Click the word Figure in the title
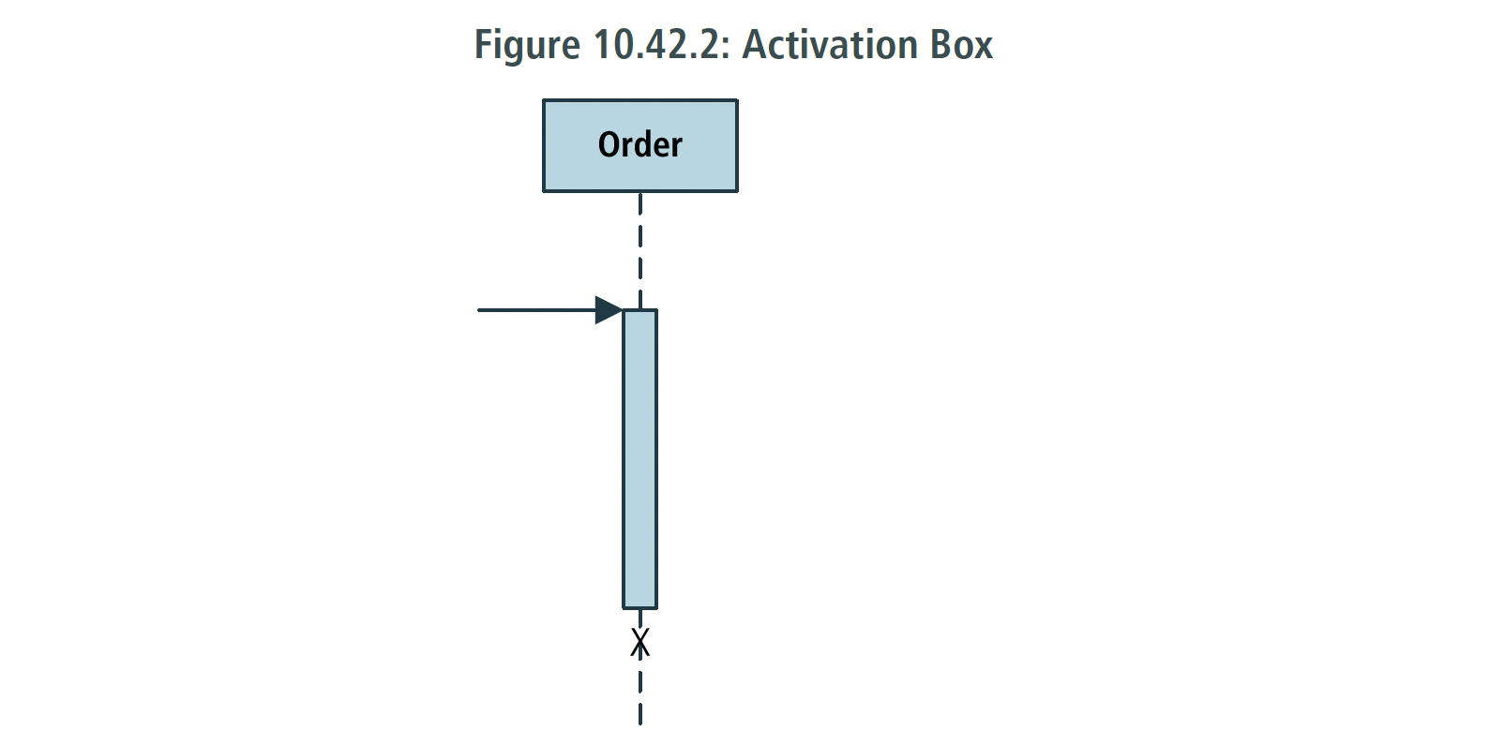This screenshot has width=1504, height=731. (527, 46)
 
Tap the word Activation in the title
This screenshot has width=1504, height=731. (830, 44)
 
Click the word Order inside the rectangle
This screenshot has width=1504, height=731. (639, 145)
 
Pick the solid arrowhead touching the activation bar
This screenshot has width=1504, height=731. (609, 310)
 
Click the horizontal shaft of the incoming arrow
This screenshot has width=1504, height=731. (536, 310)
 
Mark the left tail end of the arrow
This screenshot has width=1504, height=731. (478, 310)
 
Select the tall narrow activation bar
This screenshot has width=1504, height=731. (639, 459)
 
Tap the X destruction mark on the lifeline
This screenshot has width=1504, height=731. (640, 642)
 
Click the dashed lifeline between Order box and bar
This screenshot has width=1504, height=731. (640, 250)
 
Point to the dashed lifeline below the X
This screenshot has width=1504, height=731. (640, 692)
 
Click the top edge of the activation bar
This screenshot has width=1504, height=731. (639, 310)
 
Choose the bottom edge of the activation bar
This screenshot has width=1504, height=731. (639, 608)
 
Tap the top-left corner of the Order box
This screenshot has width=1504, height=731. (543, 100)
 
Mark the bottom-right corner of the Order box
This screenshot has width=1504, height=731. (737, 192)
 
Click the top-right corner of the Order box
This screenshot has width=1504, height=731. (737, 100)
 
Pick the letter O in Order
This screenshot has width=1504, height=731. (609, 145)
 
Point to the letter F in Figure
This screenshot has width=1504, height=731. (484, 45)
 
